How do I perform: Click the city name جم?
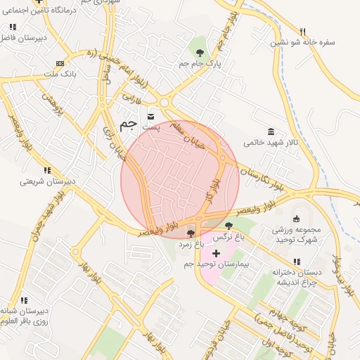pyautogui.click(x=127, y=124)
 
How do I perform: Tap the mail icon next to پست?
pyautogui.click(x=151, y=115)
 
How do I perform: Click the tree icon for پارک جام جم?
pyautogui.click(x=200, y=52)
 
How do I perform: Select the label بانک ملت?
pyautogui.click(x=60, y=74)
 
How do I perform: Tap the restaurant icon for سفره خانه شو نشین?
pyautogui.click(x=303, y=32)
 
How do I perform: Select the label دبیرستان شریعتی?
pyautogui.click(x=47, y=181)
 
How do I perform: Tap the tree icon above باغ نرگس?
pyautogui.click(x=229, y=226)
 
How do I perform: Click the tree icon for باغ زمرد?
pyautogui.click(x=191, y=233)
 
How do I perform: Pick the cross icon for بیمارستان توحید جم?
pyautogui.click(x=216, y=253)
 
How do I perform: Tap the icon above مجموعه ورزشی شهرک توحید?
pyautogui.click(x=296, y=218)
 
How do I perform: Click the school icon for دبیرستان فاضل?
pyautogui.click(x=13, y=27)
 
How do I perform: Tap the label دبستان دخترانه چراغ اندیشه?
pyautogui.click(x=298, y=276)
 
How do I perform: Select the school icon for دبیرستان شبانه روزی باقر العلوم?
pyautogui.click(x=24, y=300)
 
